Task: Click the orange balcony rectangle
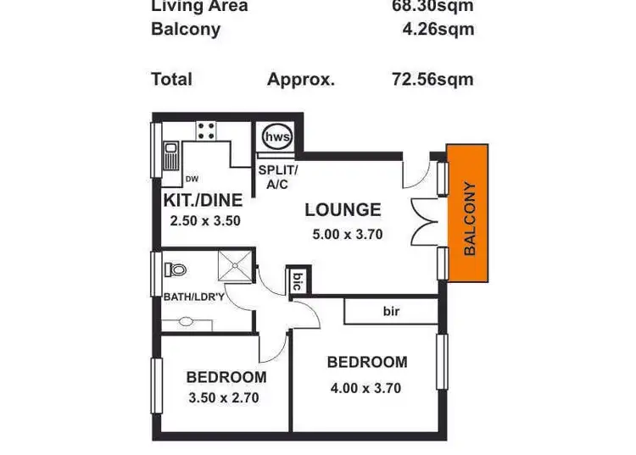tap(468, 214)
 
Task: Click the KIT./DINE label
tap(203, 201)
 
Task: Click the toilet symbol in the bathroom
tap(176, 269)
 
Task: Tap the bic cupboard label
tap(298, 280)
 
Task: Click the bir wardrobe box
tap(390, 311)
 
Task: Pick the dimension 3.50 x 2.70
tap(223, 397)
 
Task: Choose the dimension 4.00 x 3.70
tap(365, 389)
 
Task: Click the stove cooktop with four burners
tap(205, 130)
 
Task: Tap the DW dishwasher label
tap(192, 179)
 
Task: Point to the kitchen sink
tap(170, 157)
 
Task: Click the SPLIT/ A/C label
tap(277, 176)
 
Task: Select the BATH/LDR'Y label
tap(193, 297)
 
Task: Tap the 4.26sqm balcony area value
tap(438, 30)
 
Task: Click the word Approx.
tap(301, 80)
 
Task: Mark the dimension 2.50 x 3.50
tap(206, 220)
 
